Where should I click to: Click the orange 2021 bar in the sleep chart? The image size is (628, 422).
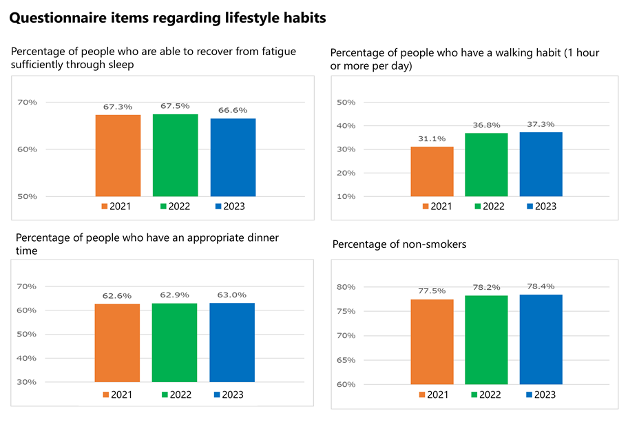pos(118,156)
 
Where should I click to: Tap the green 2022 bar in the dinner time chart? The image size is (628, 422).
pos(175,342)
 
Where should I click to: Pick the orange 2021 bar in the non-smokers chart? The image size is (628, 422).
pos(432,341)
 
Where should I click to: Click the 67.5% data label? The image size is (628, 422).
pos(175,107)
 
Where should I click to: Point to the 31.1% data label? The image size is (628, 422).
pos(432,138)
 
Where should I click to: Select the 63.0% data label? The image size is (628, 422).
pos(232,295)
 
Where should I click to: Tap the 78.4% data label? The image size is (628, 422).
pos(541,286)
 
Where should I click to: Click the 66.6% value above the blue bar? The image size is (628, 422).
pos(233,109)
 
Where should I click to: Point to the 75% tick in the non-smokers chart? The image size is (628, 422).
pos(346,311)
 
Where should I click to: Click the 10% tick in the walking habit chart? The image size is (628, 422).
pos(346,197)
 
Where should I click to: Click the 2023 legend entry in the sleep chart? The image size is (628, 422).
pos(230,206)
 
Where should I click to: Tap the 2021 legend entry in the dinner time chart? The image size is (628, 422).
pos(118,394)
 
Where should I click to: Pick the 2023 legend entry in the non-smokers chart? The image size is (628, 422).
pos(541,394)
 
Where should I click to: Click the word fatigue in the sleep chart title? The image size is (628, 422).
pos(258,52)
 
